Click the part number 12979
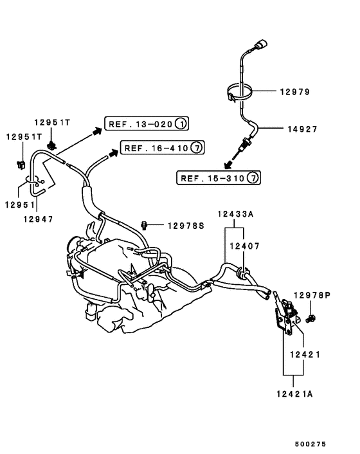[x=294, y=92]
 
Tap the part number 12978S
[x=186, y=225]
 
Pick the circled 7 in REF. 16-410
[x=197, y=148]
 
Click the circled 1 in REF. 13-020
[x=182, y=123]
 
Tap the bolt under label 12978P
[x=312, y=318]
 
